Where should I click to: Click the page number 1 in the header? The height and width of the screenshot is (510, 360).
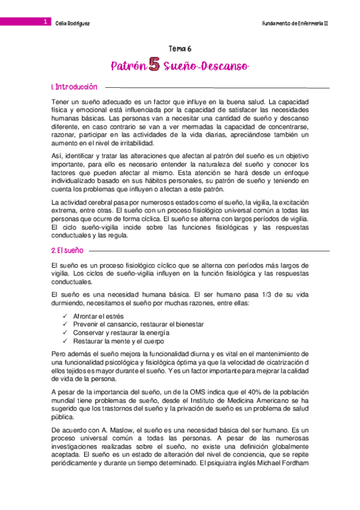44,22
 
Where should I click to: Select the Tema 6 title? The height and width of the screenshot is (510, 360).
180,51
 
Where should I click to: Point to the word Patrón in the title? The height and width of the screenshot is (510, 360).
129,67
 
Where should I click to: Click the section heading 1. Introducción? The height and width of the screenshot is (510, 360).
74,88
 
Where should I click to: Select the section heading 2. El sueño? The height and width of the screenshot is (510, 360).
67,250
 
